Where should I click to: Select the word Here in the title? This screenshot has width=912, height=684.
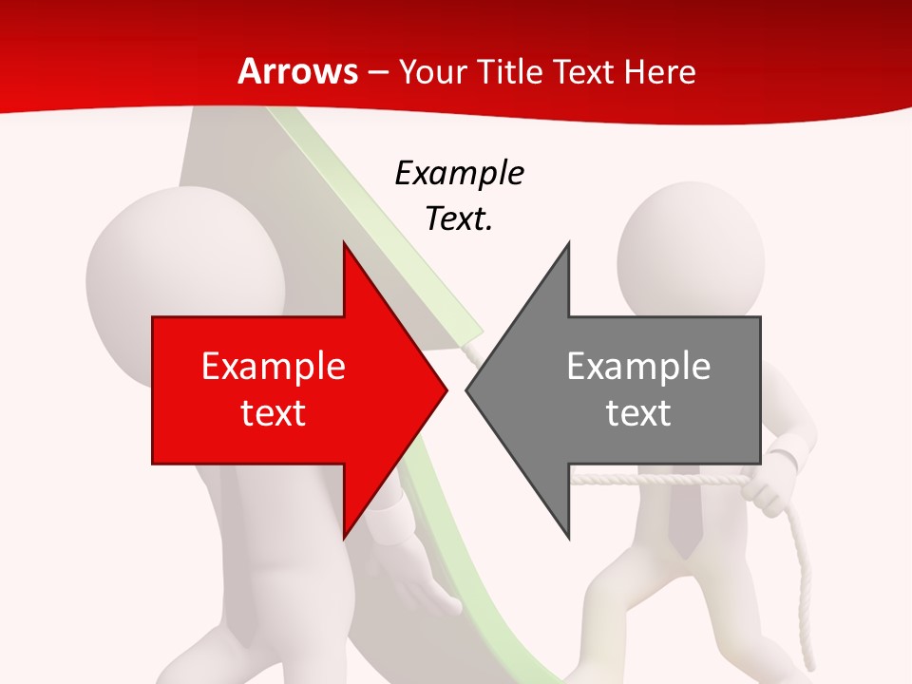[x=660, y=71]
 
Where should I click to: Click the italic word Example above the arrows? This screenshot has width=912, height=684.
[x=459, y=174]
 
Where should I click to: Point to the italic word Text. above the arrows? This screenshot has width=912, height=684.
[x=459, y=219]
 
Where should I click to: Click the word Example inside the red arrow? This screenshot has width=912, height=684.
[x=274, y=367]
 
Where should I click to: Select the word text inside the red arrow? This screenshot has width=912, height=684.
[x=274, y=413]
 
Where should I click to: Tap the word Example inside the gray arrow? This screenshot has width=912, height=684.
[x=638, y=367]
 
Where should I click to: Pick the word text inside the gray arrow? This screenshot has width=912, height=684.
[x=638, y=413]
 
